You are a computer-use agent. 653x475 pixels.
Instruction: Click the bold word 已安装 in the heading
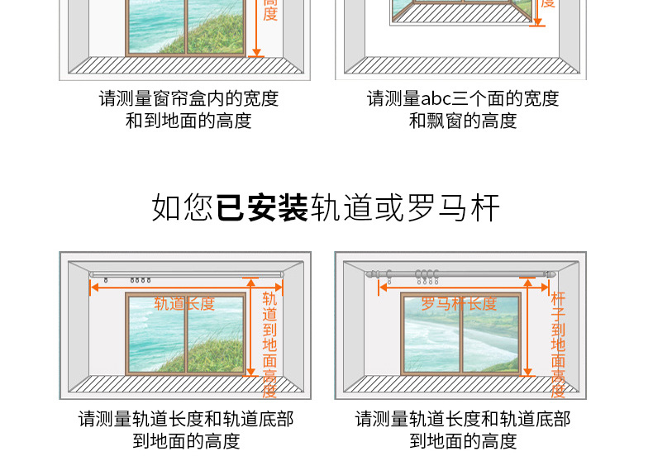[262, 207]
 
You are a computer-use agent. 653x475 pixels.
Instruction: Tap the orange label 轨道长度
[184, 304]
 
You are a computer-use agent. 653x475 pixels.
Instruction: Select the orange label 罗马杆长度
[460, 304]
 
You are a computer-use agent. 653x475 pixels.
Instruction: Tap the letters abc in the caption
[436, 99]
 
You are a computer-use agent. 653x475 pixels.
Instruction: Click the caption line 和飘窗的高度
[463, 121]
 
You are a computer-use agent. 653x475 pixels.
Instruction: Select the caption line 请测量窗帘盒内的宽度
[188, 99]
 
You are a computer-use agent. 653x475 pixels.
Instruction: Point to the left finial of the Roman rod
[374, 273]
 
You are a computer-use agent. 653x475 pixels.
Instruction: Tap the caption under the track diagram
[186, 430]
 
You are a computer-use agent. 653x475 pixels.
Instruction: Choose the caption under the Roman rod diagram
[463, 430]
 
